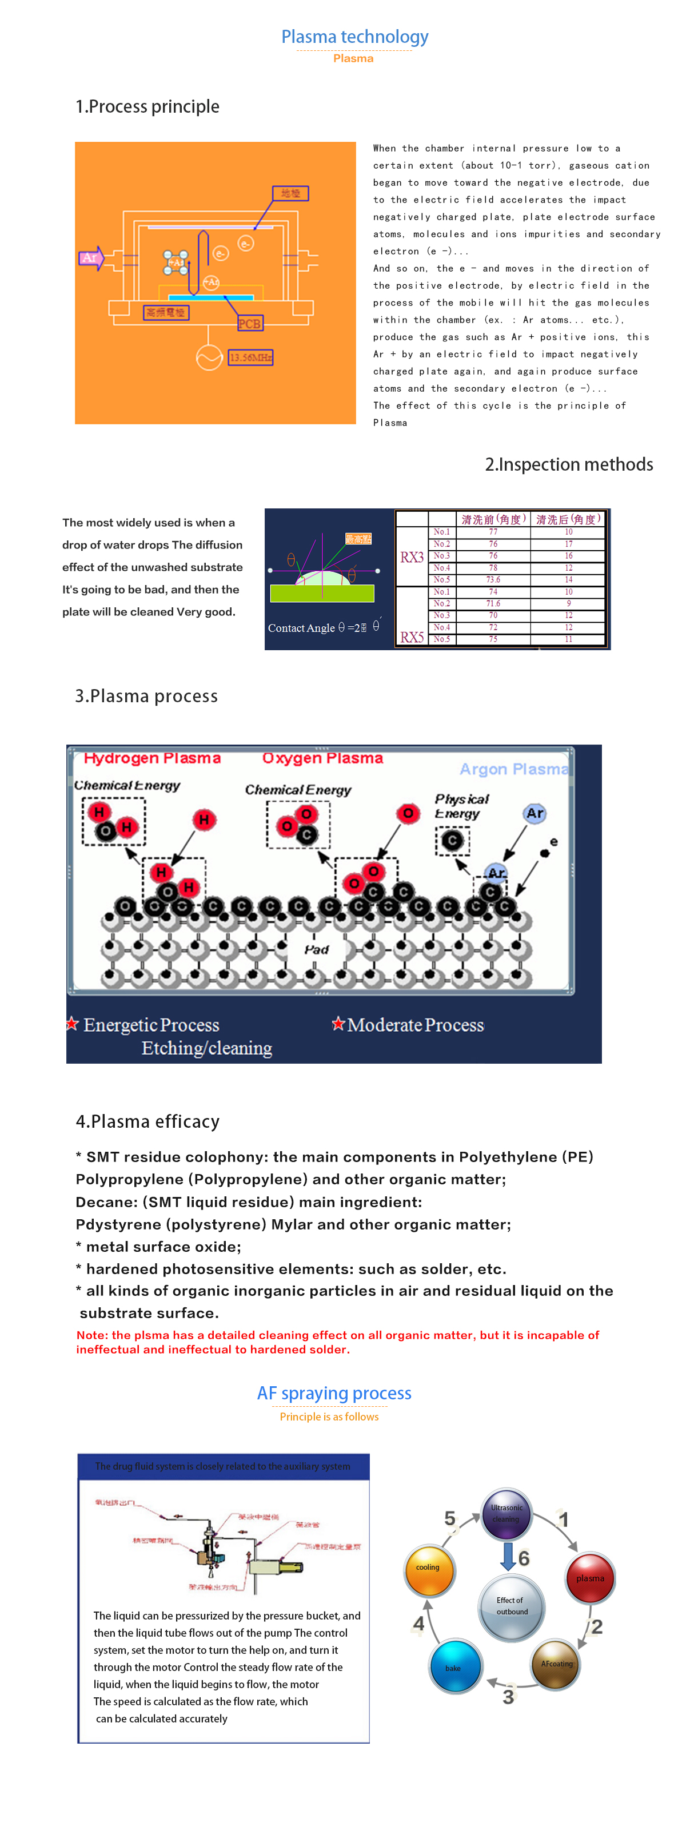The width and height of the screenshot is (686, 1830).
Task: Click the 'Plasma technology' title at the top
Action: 354,37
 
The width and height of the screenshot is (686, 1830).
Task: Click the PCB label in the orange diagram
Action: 249,324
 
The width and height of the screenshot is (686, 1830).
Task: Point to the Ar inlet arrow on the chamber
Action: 91,258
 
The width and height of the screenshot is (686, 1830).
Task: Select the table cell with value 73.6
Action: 493,580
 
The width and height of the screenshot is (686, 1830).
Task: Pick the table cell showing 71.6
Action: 493,603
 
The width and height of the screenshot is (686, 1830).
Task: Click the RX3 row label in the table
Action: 412,557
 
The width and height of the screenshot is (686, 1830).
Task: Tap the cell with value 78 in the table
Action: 493,568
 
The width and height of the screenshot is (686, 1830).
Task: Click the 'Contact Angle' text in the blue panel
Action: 301,628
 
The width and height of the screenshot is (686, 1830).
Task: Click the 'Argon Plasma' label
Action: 513,769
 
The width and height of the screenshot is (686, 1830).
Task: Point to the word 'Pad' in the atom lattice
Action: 317,949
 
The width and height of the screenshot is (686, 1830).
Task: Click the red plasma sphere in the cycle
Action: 590,1578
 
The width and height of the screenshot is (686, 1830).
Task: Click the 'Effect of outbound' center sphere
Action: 511,1607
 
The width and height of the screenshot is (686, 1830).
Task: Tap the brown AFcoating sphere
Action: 556,1664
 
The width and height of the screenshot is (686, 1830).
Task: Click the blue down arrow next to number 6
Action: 508,1555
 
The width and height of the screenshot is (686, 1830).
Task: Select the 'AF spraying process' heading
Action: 334,1393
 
